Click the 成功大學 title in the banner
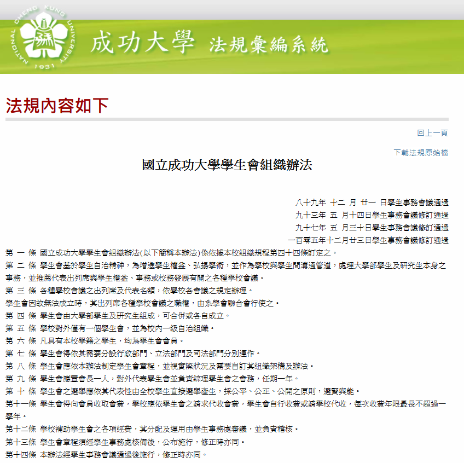pyautogui.click(x=142, y=43)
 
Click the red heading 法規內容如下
pyautogui.click(x=57, y=105)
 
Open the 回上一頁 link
pyautogui.click(x=432, y=133)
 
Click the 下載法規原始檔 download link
pyautogui.click(x=421, y=153)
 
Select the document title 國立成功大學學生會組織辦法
pyautogui.click(x=227, y=165)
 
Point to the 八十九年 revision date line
pyautogui.click(x=372, y=202)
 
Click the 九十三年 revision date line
pyautogui.click(x=372, y=215)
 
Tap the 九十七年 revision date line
pyautogui.click(x=372, y=228)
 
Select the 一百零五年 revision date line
pyautogui.click(x=368, y=240)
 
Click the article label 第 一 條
pyautogui.click(x=21, y=253)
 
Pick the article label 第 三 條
pyautogui.click(x=21, y=291)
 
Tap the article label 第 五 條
pyautogui.click(x=21, y=328)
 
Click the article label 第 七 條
pyautogui.click(x=21, y=354)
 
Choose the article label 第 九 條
pyautogui.click(x=21, y=379)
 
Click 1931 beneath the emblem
pyautogui.click(x=44, y=67)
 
